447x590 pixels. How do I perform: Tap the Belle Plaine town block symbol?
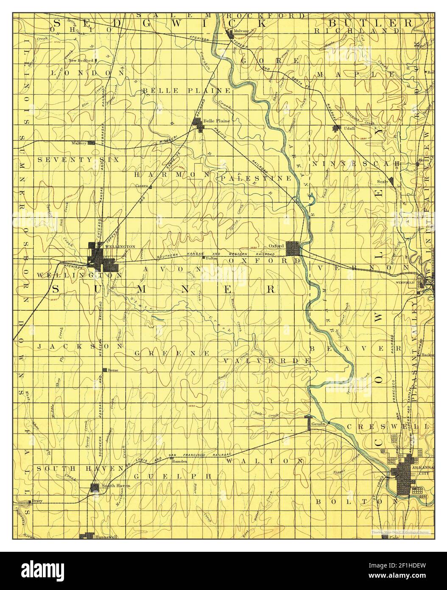coord(198,123)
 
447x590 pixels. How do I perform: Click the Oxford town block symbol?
coord(293,248)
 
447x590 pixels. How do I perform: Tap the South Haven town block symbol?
coord(95,487)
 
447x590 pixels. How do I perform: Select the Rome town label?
coord(114,370)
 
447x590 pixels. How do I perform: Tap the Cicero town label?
coord(141,185)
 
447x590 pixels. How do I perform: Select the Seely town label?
coord(383,182)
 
